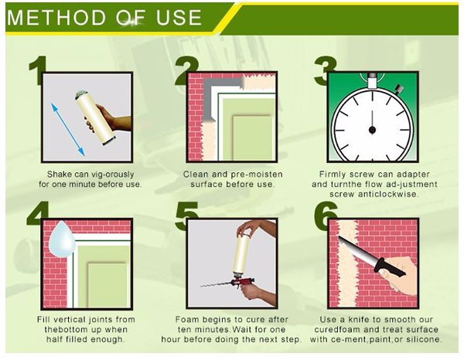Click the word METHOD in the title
click(56, 18)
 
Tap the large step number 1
click(38, 70)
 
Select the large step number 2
click(185, 70)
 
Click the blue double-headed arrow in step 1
click(68, 129)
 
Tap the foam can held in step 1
click(95, 118)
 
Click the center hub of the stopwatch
click(372, 130)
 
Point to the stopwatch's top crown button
click(372, 80)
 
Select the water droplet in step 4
click(61, 239)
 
